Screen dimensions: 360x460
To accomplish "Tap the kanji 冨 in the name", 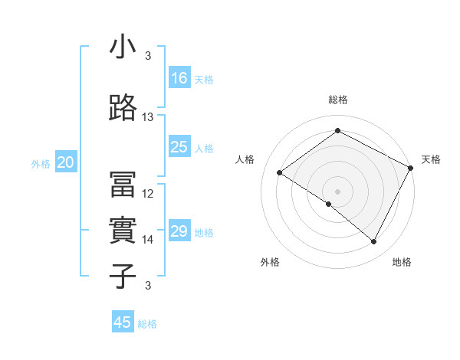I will pyautogui.click(x=123, y=184).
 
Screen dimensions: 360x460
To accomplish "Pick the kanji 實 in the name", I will pyautogui.click(x=123, y=230).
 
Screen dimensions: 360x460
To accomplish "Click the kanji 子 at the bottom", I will pyautogui.click(x=123, y=275).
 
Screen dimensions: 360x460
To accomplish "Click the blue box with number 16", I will pyautogui.click(x=179, y=77).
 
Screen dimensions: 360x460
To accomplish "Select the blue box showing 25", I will pyautogui.click(x=179, y=147).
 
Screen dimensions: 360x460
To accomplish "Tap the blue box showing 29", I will pyautogui.click(x=179, y=231).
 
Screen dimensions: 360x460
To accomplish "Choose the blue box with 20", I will pyautogui.click(x=66, y=162).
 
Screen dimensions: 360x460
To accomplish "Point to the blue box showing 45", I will pyautogui.click(x=123, y=322).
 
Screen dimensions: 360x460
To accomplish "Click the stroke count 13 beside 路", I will pyautogui.click(x=148, y=117).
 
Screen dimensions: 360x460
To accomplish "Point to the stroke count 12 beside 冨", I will pyautogui.click(x=148, y=194).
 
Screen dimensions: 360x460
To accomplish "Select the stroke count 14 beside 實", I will pyautogui.click(x=148, y=240).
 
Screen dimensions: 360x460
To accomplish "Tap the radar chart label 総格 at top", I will pyautogui.click(x=337, y=100).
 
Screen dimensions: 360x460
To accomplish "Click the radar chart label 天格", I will pyautogui.click(x=431, y=159).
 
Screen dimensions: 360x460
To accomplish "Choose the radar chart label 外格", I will pyautogui.click(x=269, y=262).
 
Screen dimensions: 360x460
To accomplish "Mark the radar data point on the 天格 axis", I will pyautogui.click(x=411, y=168).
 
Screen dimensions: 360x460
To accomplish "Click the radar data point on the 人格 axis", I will pyautogui.click(x=280, y=172).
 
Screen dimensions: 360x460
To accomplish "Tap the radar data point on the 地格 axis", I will pyautogui.click(x=374, y=242).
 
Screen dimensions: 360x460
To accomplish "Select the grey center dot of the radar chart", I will pyautogui.click(x=337, y=191).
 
